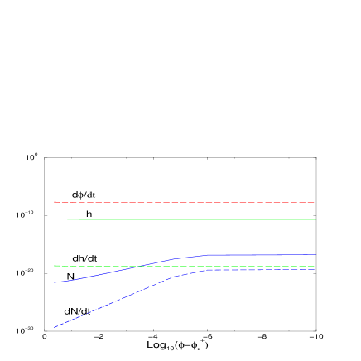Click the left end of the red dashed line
pos(55,202)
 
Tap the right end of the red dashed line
pos(315,202)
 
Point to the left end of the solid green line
pos(55,219)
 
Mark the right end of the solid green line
pos(315,219)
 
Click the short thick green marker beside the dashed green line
pos(57,266)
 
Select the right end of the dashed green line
pos(315,266)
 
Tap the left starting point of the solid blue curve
pos(55,282)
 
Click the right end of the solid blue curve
pos(315,255)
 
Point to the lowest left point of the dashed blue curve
pos(55,327)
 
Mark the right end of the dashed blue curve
pos(315,270)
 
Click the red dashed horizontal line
pos(182,202)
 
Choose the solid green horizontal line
pos(182,219)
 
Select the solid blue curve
pos(99,274)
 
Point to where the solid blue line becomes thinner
pos(283,255)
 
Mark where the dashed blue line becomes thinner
pos(262,270)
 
